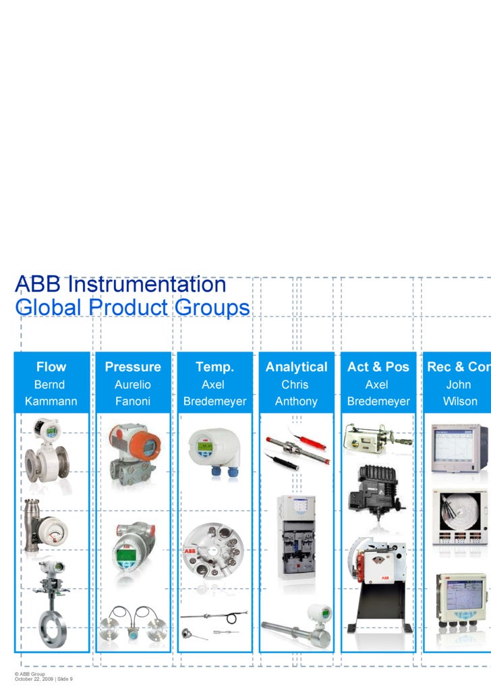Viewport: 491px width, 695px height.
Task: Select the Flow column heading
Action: pos(51,367)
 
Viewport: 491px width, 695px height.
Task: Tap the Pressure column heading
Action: pos(133,367)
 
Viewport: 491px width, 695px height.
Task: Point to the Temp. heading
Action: pos(214,367)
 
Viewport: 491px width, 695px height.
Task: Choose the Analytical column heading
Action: pos(296,367)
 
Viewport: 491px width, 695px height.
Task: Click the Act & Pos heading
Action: pos(378,367)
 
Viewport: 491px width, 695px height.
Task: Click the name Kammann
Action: pos(51,401)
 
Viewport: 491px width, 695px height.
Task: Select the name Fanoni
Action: pos(133,401)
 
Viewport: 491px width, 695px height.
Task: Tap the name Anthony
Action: pos(296,401)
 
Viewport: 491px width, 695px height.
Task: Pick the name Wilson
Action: pos(460,401)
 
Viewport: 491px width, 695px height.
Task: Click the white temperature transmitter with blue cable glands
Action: pos(212,445)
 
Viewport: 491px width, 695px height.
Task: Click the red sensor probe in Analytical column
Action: pos(312,442)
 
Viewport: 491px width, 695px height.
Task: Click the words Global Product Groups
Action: pos(132,308)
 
